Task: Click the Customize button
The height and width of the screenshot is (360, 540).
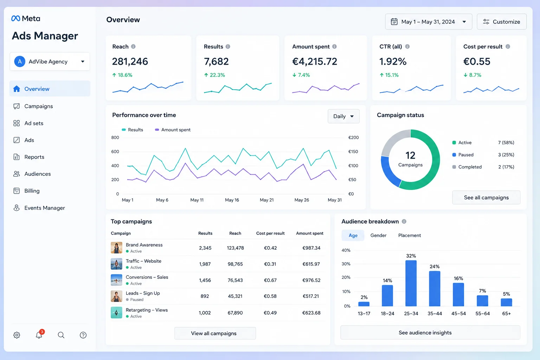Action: pos(501,22)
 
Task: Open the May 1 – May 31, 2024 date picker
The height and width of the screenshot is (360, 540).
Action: pos(429,22)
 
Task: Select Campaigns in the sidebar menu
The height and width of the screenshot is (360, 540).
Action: pos(39,106)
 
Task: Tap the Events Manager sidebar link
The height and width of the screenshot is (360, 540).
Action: pos(45,208)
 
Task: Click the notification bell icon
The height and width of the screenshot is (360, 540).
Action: pos(39,335)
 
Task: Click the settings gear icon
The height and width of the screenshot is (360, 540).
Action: pos(17,335)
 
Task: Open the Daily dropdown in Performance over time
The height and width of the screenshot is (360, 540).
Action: pos(343,116)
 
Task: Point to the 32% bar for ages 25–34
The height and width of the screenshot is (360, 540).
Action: pos(411,283)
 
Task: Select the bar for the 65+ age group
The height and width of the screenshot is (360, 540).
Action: pos(506,302)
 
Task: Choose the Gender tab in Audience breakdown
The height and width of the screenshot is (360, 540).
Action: pos(378,235)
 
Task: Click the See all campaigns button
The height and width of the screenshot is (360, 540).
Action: pos(486,198)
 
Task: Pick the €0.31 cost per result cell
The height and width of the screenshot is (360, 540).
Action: pos(270,264)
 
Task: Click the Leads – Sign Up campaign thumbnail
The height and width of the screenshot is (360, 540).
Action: pos(116,296)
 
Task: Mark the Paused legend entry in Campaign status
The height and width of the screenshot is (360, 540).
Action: pos(463,155)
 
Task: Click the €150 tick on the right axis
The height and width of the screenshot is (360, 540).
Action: pos(353,152)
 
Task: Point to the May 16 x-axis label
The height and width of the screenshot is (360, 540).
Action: pos(232,200)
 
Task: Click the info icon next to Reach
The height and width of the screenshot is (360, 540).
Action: pos(133,46)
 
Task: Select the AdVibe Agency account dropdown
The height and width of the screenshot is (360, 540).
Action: pos(50,62)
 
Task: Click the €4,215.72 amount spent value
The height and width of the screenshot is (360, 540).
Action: pos(315,62)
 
